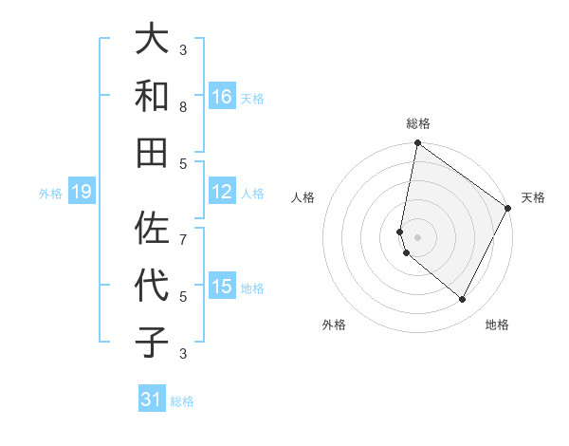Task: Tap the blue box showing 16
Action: point(221,97)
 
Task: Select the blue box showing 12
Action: point(221,192)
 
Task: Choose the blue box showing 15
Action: point(221,287)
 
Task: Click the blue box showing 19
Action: point(81,193)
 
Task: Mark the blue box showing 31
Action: point(152,400)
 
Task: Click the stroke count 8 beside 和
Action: point(183,106)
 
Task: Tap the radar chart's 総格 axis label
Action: point(418,123)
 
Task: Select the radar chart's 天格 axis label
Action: point(533,197)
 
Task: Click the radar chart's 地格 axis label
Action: point(497,325)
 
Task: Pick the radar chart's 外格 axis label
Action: point(334,325)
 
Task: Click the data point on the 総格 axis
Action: point(417,143)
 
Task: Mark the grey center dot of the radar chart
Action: point(417,236)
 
